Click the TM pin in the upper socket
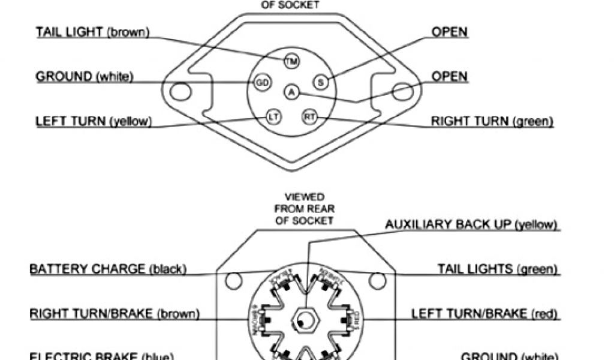point(292,61)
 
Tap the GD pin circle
point(262,83)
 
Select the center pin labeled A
point(291,92)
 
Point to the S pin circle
point(320,82)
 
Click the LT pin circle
point(273,117)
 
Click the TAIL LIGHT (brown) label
point(92,31)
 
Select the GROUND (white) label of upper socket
point(84,76)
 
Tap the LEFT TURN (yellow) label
point(94,121)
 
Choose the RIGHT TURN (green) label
point(492,121)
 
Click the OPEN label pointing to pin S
point(450,31)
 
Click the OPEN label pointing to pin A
point(450,76)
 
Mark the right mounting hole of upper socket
point(401,92)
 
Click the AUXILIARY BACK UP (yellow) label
point(472,224)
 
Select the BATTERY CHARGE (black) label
point(108,269)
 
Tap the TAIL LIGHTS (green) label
point(498,269)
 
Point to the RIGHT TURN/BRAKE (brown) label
point(115,313)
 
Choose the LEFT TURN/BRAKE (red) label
point(485,313)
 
